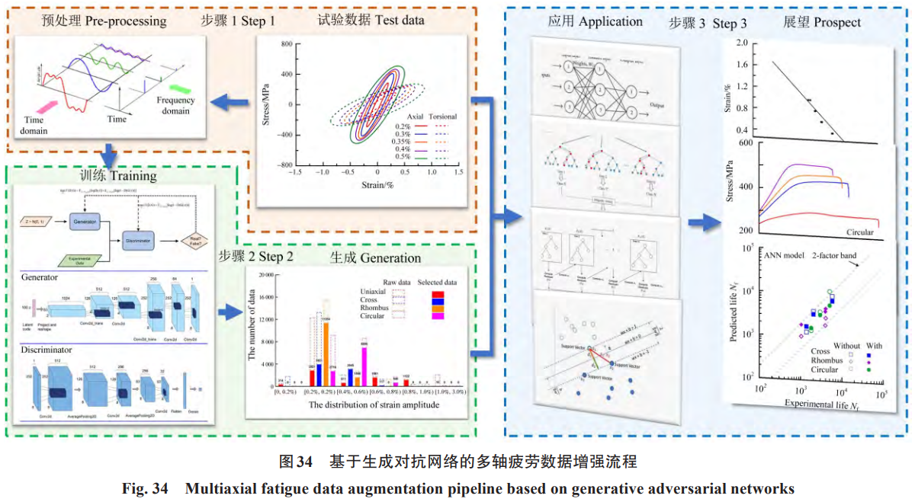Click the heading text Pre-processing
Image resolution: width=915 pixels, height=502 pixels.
127,21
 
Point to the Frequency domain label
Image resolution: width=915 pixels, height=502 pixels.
176,106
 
